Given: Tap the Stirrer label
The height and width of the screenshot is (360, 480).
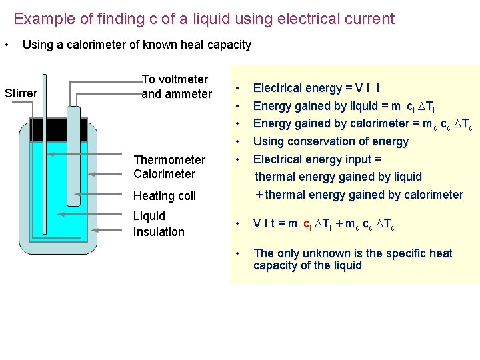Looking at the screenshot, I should pyautogui.click(x=21, y=93).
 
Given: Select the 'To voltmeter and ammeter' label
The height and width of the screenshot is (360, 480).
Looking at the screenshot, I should pyautogui.click(x=176, y=87).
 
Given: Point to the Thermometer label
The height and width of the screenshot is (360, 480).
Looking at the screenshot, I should pyautogui.click(x=169, y=160).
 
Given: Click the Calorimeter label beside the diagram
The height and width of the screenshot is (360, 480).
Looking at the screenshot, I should pyautogui.click(x=164, y=175).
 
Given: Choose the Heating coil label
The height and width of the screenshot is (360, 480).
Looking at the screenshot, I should pyautogui.click(x=164, y=196).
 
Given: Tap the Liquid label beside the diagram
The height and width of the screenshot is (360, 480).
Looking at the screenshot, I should pyautogui.click(x=149, y=216).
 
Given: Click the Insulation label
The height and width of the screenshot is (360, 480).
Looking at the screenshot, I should pyautogui.click(x=159, y=232).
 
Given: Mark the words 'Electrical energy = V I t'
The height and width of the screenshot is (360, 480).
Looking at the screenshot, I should pyautogui.click(x=317, y=88).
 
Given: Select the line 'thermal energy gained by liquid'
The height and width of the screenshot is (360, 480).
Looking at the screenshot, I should pyautogui.click(x=339, y=177).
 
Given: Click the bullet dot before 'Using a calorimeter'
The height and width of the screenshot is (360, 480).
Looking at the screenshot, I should pyautogui.click(x=6, y=45).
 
